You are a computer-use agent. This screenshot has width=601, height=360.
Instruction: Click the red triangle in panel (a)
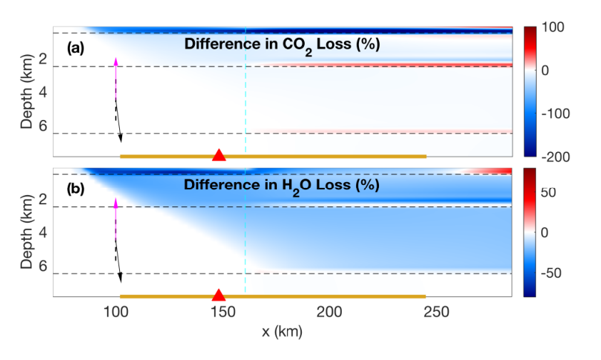[x=219, y=155]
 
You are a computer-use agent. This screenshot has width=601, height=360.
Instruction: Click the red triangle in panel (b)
[x=218, y=295]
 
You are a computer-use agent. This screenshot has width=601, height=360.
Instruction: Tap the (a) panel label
[x=76, y=49]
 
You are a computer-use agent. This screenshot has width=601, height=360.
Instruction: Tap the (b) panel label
[x=76, y=189]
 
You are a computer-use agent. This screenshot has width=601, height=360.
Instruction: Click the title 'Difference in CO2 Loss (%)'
[x=282, y=45]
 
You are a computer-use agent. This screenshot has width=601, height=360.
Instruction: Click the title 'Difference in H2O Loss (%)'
[x=282, y=186]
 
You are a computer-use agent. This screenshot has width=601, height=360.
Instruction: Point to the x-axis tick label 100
[x=116, y=312]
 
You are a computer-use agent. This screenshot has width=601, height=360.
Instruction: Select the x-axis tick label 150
[x=223, y=312]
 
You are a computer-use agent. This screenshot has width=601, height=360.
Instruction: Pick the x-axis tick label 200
[x=329, y=312]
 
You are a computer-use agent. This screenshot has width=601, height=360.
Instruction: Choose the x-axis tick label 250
[x=436, y=312]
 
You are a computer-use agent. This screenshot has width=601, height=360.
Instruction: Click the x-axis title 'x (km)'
[x=282, y=331]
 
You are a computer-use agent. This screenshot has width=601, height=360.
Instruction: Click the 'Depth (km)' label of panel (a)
[x=26, y=91]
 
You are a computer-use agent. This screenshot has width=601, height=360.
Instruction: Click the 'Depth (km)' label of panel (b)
[x=26, y=232]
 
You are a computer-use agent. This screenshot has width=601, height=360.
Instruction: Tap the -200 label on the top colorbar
[x=555, y=157]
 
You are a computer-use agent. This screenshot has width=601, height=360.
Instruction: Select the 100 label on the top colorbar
[x=552, y=27]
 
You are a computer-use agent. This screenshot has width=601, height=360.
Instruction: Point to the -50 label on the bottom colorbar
[x=551, y=273]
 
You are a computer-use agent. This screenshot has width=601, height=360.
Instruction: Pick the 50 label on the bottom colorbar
[x=548, y=192]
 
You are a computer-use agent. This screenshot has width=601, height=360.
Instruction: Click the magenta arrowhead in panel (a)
[x=116, y=61]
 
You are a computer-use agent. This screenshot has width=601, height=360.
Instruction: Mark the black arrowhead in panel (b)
[x=121, y=278]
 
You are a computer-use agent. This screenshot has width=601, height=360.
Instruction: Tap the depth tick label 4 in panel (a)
[x=43, y=92]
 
